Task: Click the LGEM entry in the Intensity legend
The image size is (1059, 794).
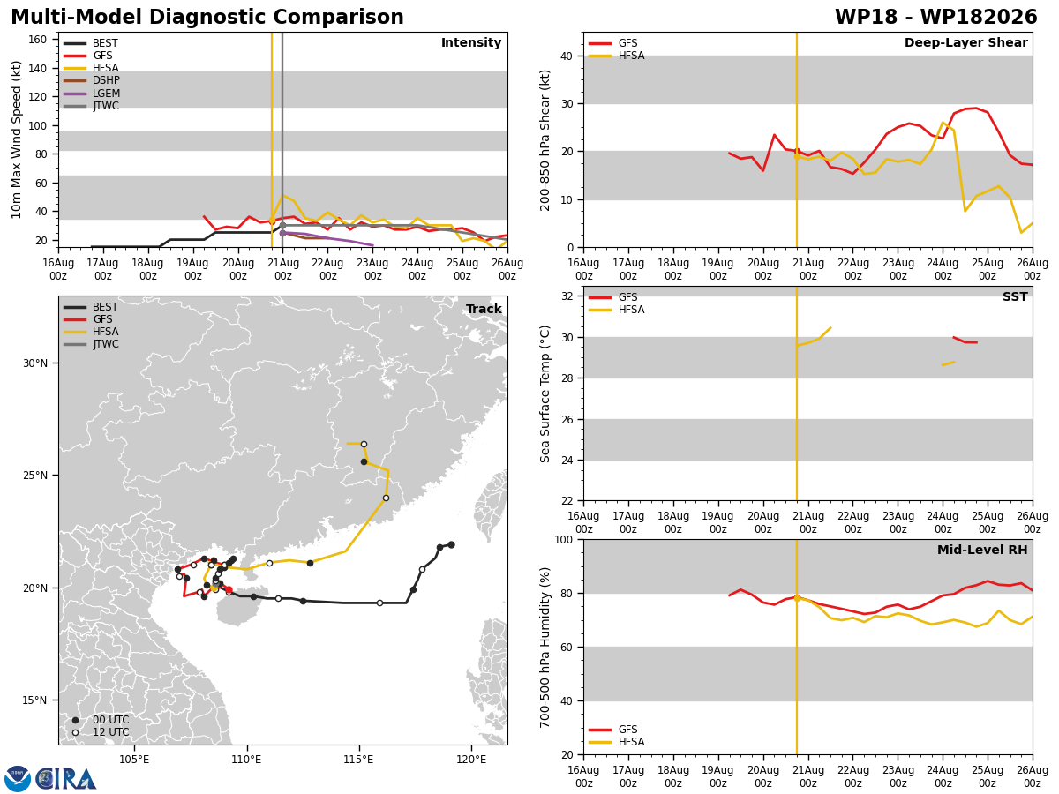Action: coord(91,93)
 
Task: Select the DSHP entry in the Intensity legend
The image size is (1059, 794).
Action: coord(91,80)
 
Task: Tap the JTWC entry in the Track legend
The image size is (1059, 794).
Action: coord(91,344)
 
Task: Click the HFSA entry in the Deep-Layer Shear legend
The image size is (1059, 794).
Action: coord(616,56)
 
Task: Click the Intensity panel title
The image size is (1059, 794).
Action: coord(471,43)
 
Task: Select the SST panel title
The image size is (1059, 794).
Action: coord(1015,296)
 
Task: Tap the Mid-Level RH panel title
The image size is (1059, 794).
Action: coord(982,550)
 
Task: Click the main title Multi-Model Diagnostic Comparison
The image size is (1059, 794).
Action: coord(207,17)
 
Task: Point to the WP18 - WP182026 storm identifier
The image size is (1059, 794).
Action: coord(936,17)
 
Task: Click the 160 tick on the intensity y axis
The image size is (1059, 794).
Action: coord(37,40)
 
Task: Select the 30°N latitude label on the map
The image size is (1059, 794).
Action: coord(35,363)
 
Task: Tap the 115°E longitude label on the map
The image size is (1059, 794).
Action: coord(358,760)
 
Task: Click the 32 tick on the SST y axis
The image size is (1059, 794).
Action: coord(567,296)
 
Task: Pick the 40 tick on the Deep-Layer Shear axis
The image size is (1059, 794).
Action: coord(567,56)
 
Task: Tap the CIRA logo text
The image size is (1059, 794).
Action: coord(65,779)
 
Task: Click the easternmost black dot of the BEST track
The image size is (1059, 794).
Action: coord(451,544)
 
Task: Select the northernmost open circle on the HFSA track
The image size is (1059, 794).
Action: coord(364,444)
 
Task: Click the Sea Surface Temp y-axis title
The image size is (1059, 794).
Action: coord(545,393)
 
